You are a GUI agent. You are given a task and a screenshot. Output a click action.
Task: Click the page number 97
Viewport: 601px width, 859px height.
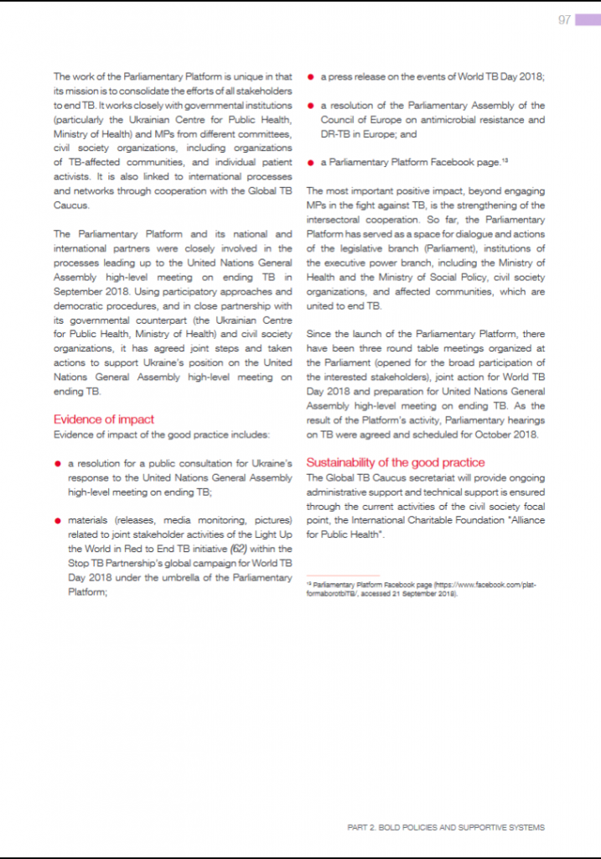tap(564, 20)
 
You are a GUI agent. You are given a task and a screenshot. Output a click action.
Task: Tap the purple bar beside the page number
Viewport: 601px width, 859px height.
tap(587, 20)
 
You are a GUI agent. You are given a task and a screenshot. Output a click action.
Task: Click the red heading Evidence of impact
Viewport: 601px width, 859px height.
tap(104, 419)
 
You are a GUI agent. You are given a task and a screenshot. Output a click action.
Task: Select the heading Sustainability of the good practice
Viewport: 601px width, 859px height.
tap(396, 462)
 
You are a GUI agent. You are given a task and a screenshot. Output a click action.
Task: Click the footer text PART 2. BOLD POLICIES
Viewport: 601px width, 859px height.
tap(446, 827)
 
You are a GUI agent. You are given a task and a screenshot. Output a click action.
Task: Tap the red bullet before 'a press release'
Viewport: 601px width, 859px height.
tap(310, 77)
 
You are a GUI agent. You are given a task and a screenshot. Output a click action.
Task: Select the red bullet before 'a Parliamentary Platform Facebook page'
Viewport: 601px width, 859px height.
tap(310, 163)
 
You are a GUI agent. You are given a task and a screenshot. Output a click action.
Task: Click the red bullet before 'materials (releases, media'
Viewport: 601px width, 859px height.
tap(58, 520)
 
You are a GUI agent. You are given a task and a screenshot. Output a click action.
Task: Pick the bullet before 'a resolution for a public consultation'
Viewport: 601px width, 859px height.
tap(58, 463)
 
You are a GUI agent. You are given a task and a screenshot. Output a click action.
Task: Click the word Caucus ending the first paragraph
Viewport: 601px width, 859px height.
tap(73, 205)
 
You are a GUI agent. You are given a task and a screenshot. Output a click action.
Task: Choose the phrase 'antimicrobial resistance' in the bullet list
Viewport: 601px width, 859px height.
tap(461, 120)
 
